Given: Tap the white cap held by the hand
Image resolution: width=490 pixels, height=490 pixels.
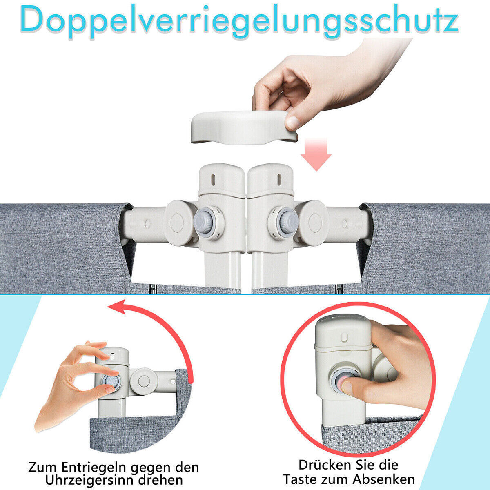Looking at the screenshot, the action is point(244,127).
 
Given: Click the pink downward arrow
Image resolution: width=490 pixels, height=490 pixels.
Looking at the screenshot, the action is point(316,155).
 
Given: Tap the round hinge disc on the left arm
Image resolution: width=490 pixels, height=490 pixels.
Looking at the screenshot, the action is point(177,223).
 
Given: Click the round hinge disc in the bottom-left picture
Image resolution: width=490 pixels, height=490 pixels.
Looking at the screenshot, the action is point(144,381).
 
